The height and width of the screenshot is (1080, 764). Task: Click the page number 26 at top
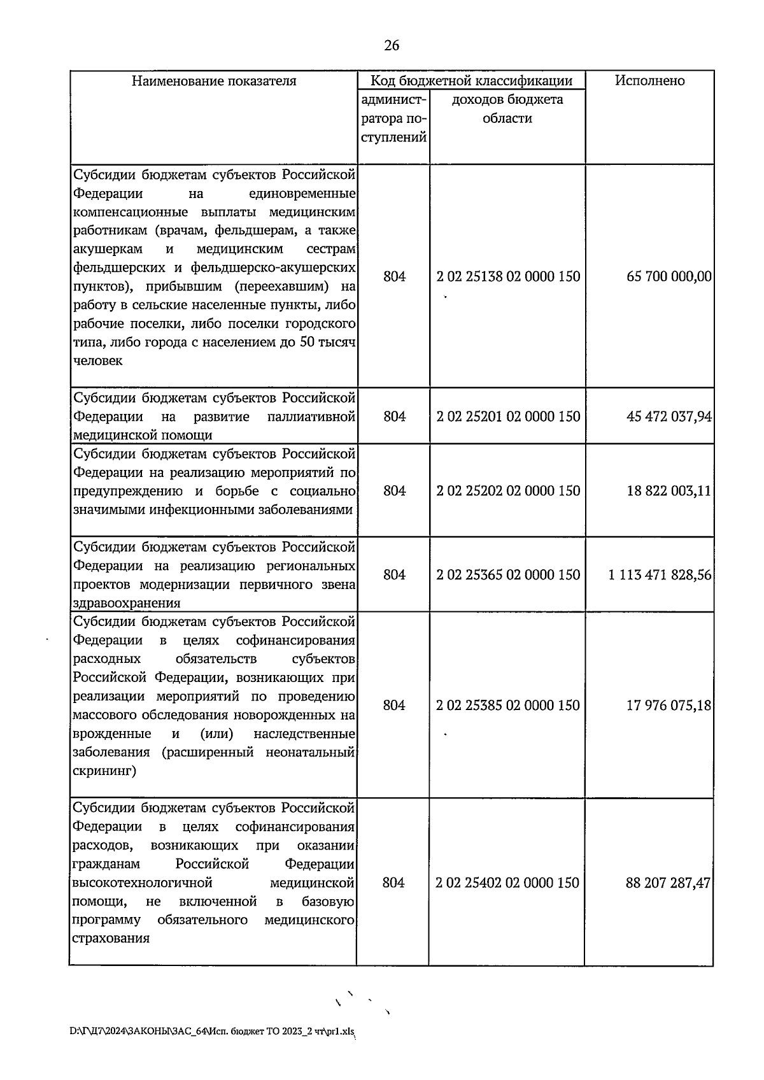pyautogui.click(x=392, y=46)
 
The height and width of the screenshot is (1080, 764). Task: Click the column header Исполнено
pyautogui.click(x=649, y=81)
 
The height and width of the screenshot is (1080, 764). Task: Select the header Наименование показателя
pyautogui.click(x=214, y=81)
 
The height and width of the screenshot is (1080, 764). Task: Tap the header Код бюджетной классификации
pyautogui.click(x=471, y=81)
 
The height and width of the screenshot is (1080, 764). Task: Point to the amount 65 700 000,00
pyautogui.click(x=669, y=276)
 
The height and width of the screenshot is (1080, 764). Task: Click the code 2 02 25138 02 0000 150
pyautogui.click(x=508, y=276)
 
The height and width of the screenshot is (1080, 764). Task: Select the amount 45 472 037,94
pyautogui.click(x=669, y=416)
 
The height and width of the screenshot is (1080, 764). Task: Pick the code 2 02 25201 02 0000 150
pyautogui.click(x=508, y=416)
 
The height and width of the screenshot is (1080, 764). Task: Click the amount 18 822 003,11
pyautogui.click(x=669, y=491)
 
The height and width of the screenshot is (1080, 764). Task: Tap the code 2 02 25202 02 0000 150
pyautogui.click(x=508, y=491)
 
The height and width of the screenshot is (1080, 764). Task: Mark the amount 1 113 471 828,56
pyautogui.click(x=660, y=575)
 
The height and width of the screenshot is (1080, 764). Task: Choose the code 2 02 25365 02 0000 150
pyautogui.click(x=508, y=575)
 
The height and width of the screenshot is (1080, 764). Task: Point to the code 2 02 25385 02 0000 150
pyautogui.click(x=508, y=706)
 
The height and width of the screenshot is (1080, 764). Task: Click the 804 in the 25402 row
pyautogui.click(x=393, y=883)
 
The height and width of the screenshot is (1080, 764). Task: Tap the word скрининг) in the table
pyautogui.click(x=104, y=771)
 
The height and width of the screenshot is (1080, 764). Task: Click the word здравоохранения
pyautogui.click(x=127, y=603)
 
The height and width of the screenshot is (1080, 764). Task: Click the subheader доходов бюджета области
pyautogui.click(x=507, y=109)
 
